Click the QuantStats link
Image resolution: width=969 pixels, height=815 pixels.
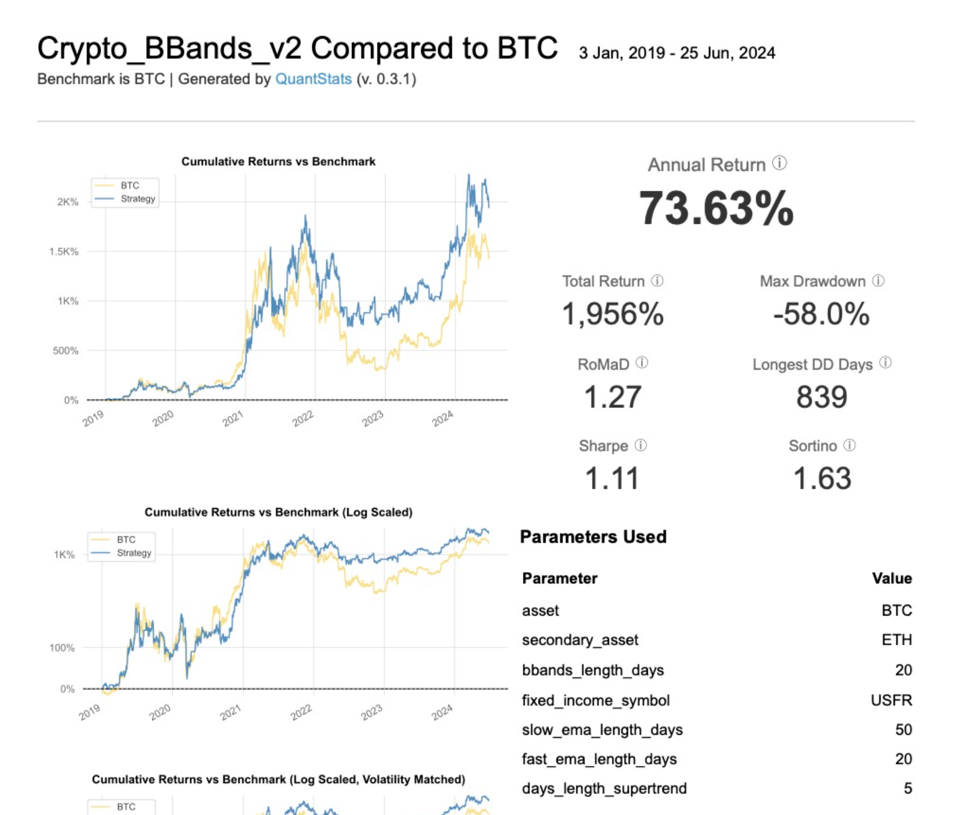click(x=313, y=79)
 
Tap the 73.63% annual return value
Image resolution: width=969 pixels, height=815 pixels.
click(x=716, y=208)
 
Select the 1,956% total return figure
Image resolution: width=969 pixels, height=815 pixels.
click(x=612, y=314)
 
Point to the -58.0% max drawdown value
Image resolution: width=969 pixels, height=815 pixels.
click(x=821, y=314)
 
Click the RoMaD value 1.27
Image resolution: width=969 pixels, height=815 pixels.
click(x=612, y=397)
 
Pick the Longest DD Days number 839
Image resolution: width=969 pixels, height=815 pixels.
click(x=821, y=397)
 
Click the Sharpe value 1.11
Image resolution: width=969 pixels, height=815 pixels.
click(x=612, y=478)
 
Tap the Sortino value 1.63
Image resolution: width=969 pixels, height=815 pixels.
click(x=822, y=478)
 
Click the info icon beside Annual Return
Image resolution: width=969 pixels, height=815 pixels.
click(x=779, y=163)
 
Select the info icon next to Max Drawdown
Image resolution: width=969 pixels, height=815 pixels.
click(x=878, y=281)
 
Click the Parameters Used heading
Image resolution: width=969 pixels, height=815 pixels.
click(x=593, y=537)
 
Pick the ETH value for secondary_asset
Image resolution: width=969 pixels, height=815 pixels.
click(x=896, y=640)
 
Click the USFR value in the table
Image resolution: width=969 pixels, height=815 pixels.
click(x=891, y=700)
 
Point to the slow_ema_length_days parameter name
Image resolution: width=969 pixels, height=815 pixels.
click(x=602, y=730)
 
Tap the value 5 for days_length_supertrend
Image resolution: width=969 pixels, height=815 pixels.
click(x=907, y=788)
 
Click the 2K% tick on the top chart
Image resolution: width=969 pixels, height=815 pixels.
click(x=67, y=202)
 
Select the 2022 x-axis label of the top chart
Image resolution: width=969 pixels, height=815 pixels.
click(x=303, y=418)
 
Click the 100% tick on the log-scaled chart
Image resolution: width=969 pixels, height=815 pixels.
click(x=62, y=648)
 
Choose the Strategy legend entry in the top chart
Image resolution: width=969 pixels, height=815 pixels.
click(x=137, y=199)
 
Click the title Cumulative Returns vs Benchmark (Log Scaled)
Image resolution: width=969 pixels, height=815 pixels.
click(x=278, y=512)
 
